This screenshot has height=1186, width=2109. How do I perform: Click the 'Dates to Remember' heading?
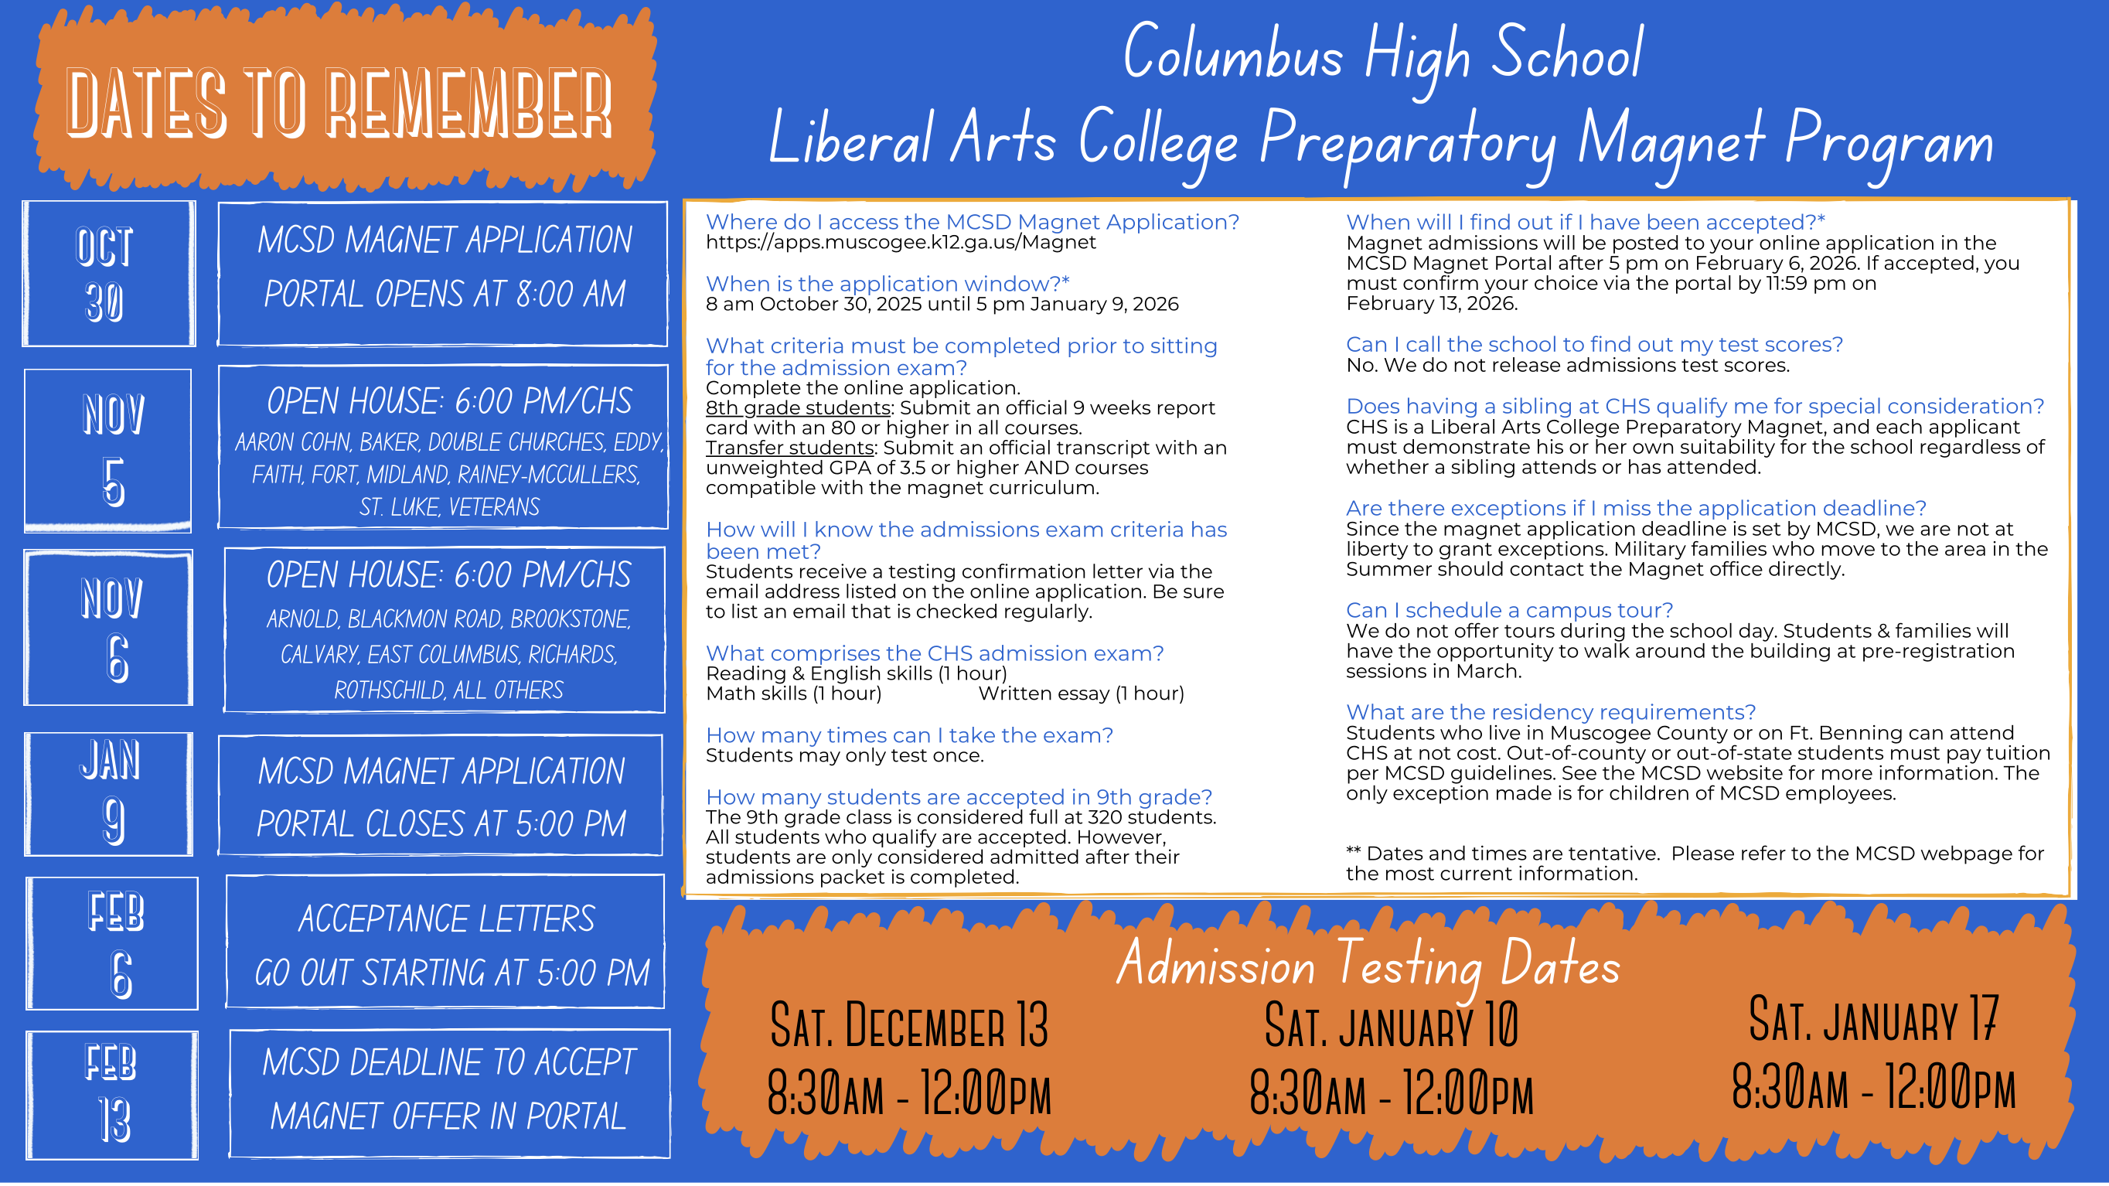pyautogui.click(x=339, y=104)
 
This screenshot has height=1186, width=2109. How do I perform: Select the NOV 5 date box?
pyautogui.click(x=108, y=449)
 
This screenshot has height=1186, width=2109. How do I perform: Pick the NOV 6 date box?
pyautogui.click(x=108, y=628)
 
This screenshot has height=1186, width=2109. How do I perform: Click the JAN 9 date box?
pyautogui.click(x=108, y=793)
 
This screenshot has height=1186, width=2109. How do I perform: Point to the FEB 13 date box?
pyautogui.click(x=111, y=1094)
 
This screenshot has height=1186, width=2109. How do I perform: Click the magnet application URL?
pyautogui.click(x=900, y=242)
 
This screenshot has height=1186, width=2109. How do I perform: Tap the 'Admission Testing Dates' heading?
pyautogui.click(x=1368, y=964)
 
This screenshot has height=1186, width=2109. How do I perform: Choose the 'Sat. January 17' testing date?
pyautogui.click(x=1873, y=1020)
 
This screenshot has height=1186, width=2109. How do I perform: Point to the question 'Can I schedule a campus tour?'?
pyautogui.click(x=1509, y=611)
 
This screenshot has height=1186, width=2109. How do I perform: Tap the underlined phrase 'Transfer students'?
pyautogui.click(x=789, y=448)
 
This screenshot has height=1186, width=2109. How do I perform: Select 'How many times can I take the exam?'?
pyautogui.click(x=908, y=735)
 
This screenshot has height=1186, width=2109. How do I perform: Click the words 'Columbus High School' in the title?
pyautogui.click(x=1383, y=54)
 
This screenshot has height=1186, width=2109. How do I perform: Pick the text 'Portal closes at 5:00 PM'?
pyautogui.click(x=441, y=824)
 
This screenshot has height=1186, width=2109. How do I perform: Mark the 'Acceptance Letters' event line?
pyautogui.click(x=446, y=919)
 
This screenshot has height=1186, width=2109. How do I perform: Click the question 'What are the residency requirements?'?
pyautogui.click(x=1551, y=712)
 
